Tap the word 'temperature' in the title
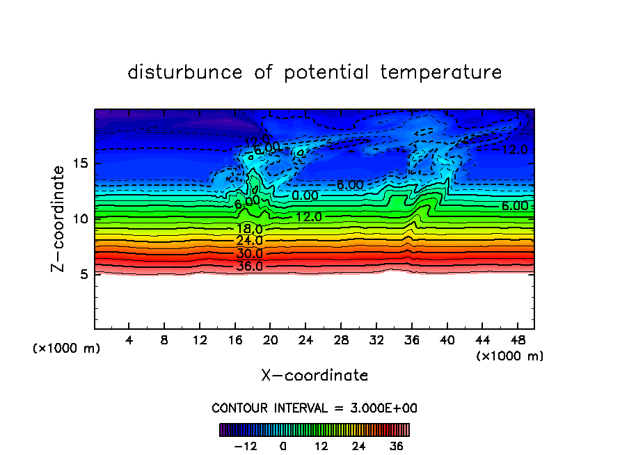tap(441, 72)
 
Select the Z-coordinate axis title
tap(61, 218)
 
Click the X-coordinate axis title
tap(314, 376)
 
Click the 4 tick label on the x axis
tap(129, 340)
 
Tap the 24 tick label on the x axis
tap(305, 340)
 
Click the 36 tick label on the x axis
tap(411, 340)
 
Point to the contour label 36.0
tap(249, 266)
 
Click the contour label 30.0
tap(249, 254)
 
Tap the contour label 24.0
tap(249, 241)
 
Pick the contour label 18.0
tap(249, 229)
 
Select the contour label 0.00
tap(305, 195)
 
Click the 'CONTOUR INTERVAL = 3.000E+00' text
tap(314, 408)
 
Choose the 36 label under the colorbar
tap(396, 446)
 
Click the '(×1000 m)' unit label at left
tap(67, 349)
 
